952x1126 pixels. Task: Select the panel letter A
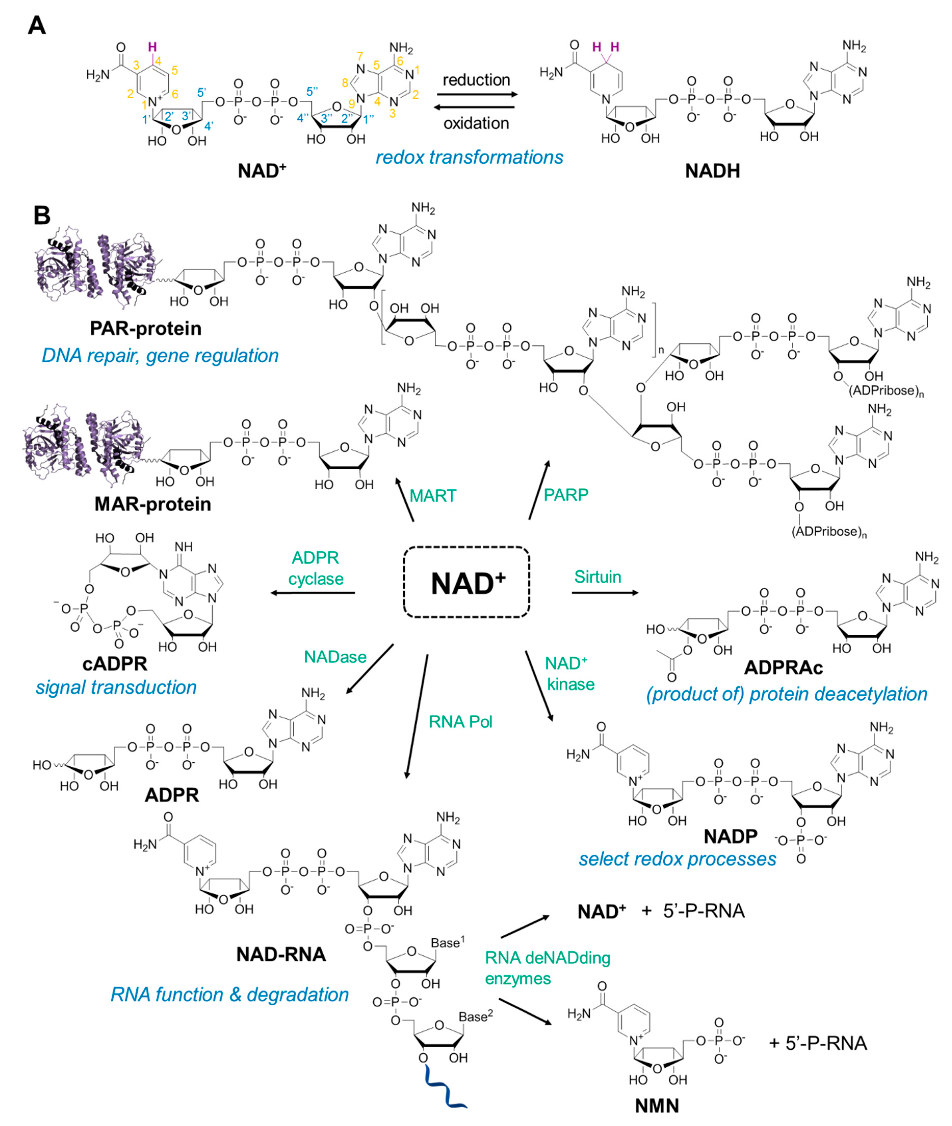37,25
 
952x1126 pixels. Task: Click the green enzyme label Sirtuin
598,577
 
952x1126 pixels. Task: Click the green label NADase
335,656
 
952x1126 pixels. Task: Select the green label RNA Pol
460,722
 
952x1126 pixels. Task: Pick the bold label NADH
712,171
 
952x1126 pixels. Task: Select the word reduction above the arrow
476,80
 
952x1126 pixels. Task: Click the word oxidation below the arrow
476,124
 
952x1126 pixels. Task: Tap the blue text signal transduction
116,687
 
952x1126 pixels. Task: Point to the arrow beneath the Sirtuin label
605,593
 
